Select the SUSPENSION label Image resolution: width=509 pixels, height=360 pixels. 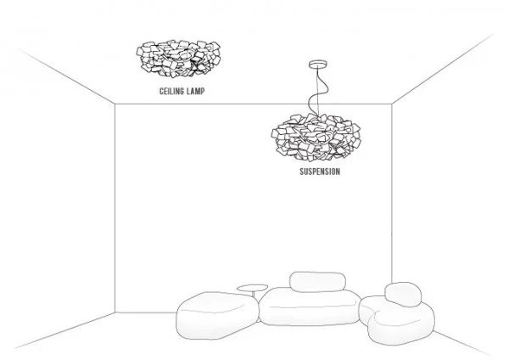pos(321,171)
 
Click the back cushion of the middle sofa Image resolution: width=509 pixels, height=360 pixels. pos(317,282)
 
